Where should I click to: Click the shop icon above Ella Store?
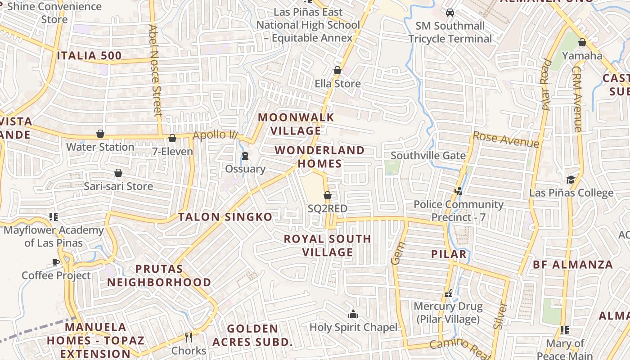pos(337,70)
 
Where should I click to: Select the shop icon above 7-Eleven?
pos(172,138)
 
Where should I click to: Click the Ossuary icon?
pos(245,156)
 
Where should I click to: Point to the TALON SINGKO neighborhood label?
pos(225,217)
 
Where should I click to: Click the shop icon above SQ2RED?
pos(328,195)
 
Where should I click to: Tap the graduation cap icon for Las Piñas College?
pos(571,180)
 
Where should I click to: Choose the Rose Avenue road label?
pos(506,139)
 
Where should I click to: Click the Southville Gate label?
pos(428,156)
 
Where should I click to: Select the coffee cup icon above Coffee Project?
pos(56,262)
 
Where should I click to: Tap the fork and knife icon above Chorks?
pos(189,337)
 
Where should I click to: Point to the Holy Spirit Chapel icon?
pos(353,314)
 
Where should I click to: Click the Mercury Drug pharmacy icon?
pos(448,293)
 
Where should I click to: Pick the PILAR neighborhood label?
pos(449,254)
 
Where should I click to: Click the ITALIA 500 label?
pos(89,56)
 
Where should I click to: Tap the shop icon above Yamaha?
pos(582,42)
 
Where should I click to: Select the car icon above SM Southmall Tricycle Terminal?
pos(450,12)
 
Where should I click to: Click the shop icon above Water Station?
pos(100,134)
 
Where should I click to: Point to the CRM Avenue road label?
pos(577,99)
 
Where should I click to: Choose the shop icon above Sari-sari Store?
pos(118,173)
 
